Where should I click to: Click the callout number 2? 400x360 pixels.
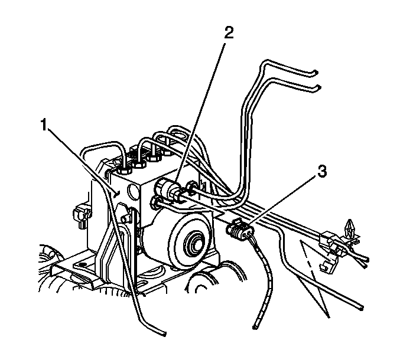pos(229,33)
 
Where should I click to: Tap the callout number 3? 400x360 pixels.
pos(322,171)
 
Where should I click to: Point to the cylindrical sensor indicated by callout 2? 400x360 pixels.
pos(168,189)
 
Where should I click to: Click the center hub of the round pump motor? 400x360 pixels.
pos(194,245)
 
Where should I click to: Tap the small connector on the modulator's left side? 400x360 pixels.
pos(81,215)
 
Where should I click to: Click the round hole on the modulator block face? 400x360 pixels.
pos(133,191)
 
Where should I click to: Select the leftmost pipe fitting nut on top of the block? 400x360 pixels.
pos(125,170)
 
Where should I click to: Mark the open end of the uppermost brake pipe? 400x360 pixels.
pos(316,73)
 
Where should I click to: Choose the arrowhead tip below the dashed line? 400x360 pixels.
pos(329,317)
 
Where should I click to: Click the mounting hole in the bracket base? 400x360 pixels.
pos(82,265)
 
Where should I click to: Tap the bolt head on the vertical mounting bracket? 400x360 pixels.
pos(125,219)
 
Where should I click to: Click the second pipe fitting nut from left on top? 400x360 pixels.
pos(139,164)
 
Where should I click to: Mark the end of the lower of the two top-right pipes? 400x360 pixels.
pos(318,87)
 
